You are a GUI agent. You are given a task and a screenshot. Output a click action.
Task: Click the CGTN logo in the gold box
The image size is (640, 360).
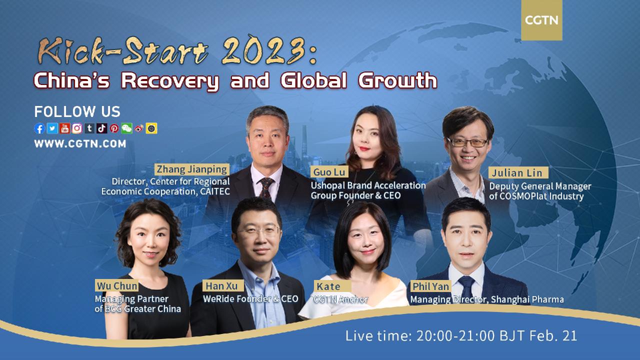(x=541, y=20)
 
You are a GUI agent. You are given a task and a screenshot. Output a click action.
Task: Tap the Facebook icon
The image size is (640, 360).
(x=39, y=128)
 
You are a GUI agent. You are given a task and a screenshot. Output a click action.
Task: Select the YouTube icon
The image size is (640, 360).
(x=64, y=128)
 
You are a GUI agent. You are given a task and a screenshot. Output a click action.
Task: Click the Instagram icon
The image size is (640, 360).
(x=77, y=128)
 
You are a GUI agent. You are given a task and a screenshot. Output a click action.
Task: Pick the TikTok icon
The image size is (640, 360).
(x=102, y=128)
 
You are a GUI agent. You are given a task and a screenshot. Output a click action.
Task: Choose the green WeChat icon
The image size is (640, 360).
(x=126, y=128)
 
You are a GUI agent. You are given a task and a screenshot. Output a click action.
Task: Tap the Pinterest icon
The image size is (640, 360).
(x=114, y=128)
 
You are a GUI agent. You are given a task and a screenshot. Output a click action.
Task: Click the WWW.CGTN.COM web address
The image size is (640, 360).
(x=80, y=144)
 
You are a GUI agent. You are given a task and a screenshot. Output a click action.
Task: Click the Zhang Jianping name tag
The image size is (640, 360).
(x=191, y=169)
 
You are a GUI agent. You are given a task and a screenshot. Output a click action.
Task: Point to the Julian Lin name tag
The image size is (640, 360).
(x=518, y=173)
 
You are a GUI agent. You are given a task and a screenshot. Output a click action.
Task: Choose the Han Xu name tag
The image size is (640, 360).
(x=223, y=286)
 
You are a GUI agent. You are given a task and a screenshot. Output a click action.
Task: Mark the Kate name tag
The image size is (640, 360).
(x=328, y=286)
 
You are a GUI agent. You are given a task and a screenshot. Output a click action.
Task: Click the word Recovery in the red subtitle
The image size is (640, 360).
(x=169, y=80)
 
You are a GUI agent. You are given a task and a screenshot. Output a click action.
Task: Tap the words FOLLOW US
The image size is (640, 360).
(x=77, y=111)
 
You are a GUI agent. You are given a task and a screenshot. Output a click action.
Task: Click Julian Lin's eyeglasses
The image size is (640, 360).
(x=467, y=142)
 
